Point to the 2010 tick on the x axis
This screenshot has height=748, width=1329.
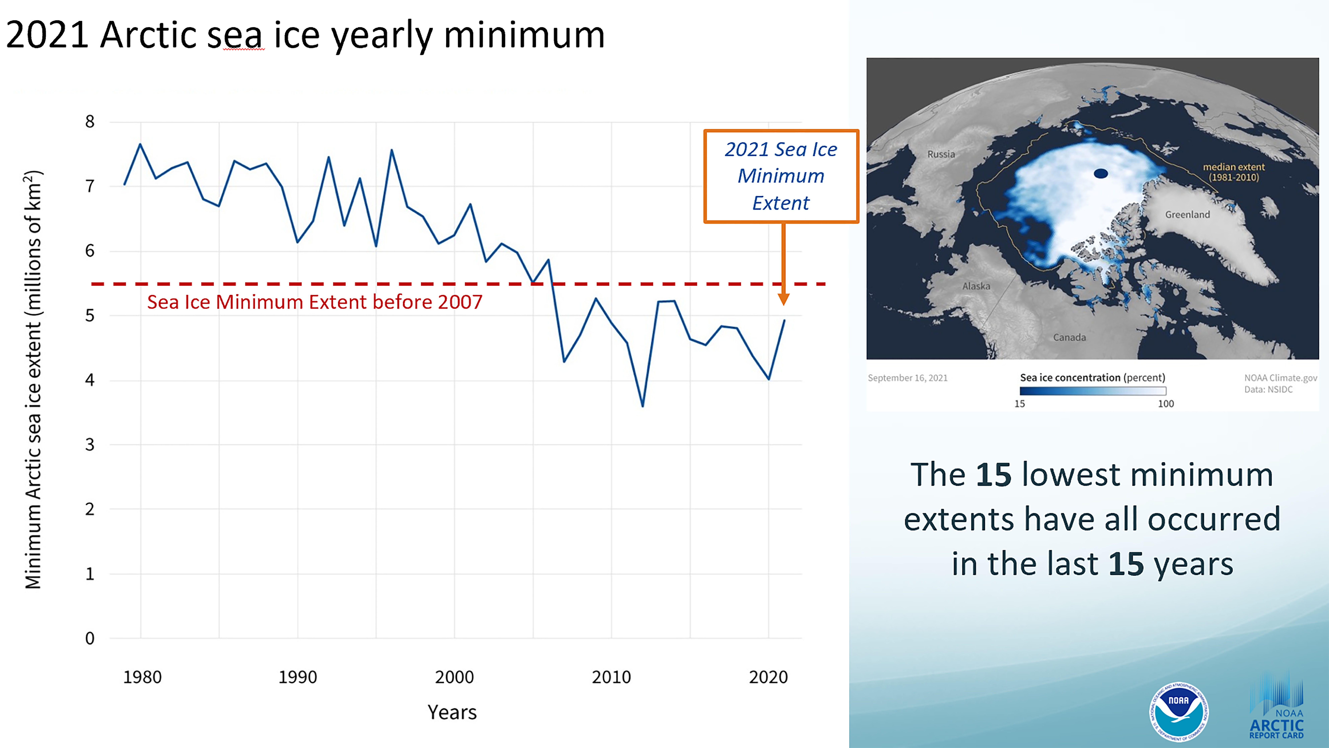point(611,677)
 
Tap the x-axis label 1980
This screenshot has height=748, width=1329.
point(142,677)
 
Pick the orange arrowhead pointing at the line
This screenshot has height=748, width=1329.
point(783,299)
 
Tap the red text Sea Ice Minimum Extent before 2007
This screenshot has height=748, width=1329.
point(315,302)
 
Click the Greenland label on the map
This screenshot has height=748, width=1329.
point(1187,214)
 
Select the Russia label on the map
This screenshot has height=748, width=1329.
point(941,154)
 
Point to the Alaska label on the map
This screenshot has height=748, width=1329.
point(976,286)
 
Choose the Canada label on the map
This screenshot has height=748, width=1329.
point(1070,338)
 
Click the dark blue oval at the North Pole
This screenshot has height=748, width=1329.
point(1101,174)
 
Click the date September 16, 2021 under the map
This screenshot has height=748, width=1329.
point(908,378)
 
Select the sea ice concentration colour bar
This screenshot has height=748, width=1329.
point(1093,391)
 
